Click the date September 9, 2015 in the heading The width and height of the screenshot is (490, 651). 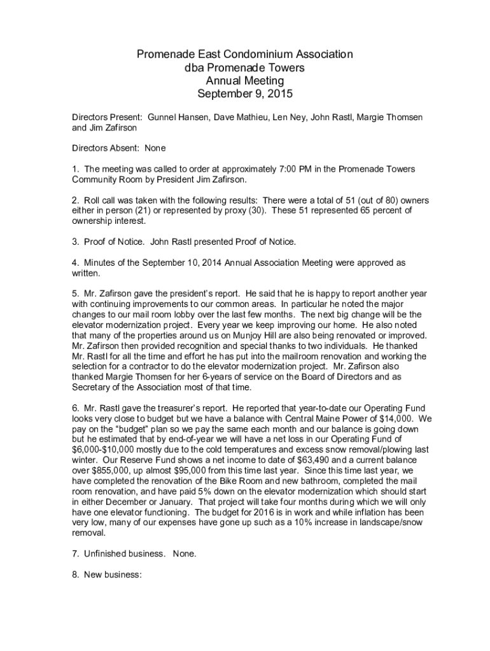click(244, 94)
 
